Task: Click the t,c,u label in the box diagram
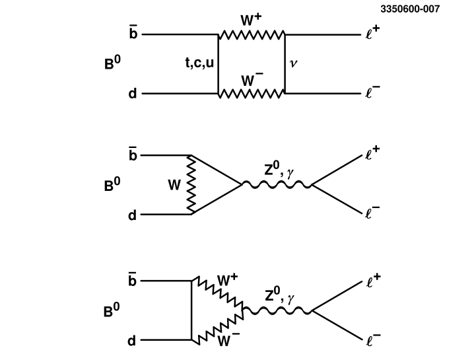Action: (x=199, y=63)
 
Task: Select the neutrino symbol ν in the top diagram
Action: (x=294, y=64)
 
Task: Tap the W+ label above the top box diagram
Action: (x=251, y=20)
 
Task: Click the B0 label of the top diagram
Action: (x=112, y=64)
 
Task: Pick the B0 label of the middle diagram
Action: (x=112, y=186)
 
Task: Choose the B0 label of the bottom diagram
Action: (x=112, y=311)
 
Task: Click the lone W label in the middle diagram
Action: (x=174, y=186)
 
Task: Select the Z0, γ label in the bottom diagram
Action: (x=279, y=296)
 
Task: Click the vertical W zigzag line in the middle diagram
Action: (x=191, y=185)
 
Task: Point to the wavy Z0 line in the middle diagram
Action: (x=277, y=186)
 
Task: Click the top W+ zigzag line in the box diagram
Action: (x=252, y=34)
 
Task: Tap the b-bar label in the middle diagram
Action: (x=133, y=155)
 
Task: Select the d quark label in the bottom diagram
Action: (x=132, y=342)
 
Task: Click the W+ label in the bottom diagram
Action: (x=227, y=279)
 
